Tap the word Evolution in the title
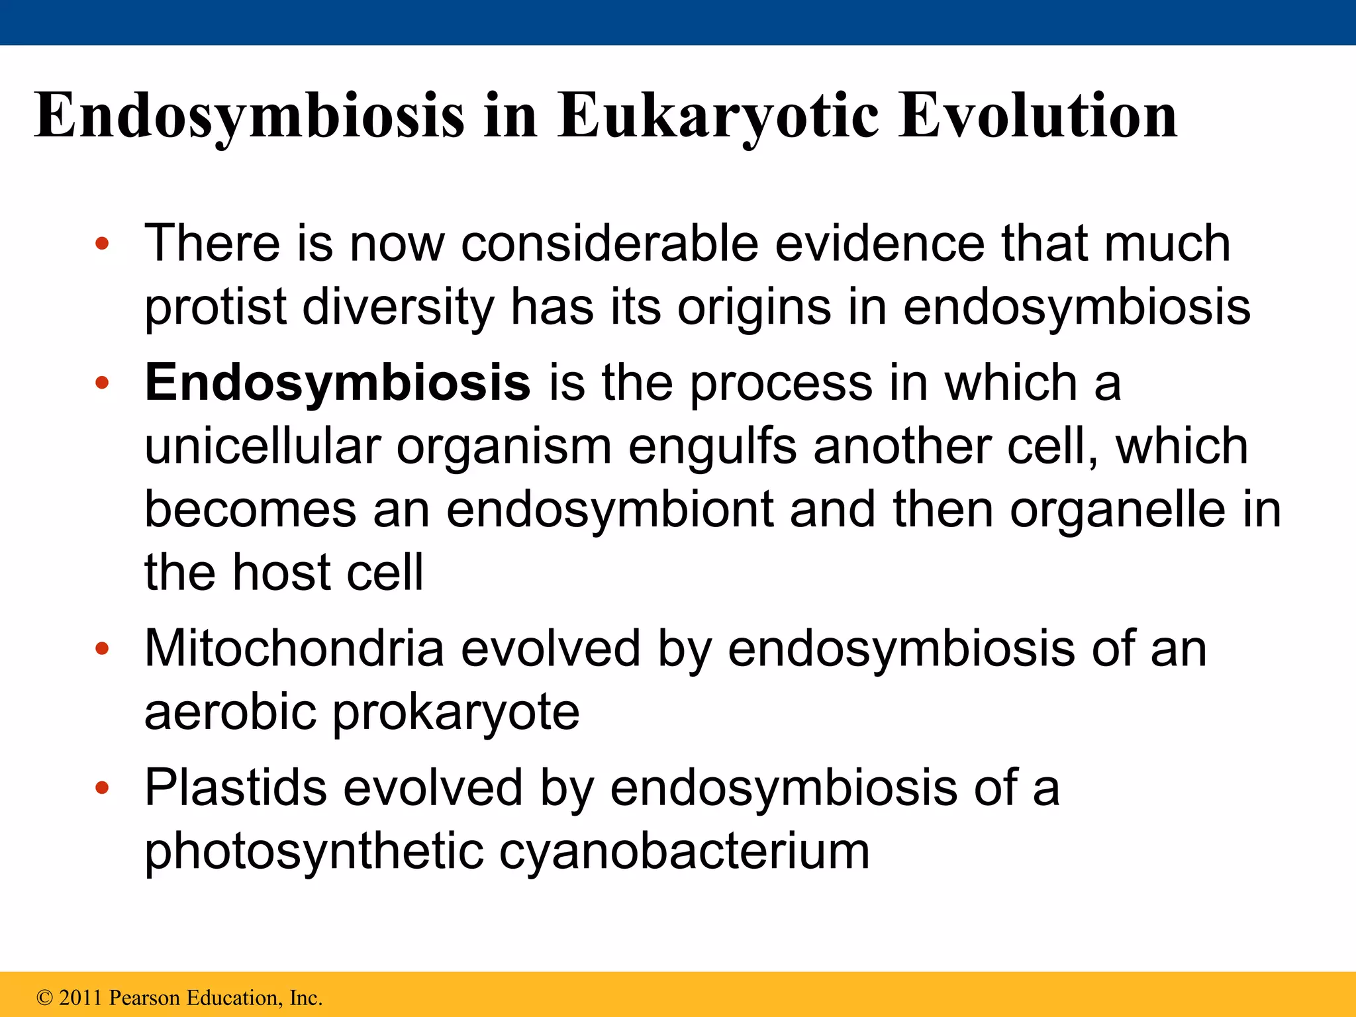(x=1038, y=116)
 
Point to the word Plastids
(x=236, y=787)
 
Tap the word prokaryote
(x=456, y=714)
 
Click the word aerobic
(x=230, y=712)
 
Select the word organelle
(x=1118, y=510)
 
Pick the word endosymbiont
(x=609, y=510)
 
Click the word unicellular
(x=262, y=446)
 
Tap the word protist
(x=215, y=308)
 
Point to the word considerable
(x=609, y=244)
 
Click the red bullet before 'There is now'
(x=101, y=244)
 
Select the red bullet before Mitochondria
(x=101, y=648)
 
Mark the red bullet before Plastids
(x=101, y=788)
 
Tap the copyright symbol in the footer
(x=44, y=998)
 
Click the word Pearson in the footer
(x=144, y=997)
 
